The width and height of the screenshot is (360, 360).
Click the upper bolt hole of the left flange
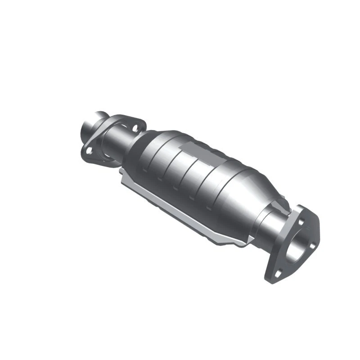pyautogui.click(x=134, y=128)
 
